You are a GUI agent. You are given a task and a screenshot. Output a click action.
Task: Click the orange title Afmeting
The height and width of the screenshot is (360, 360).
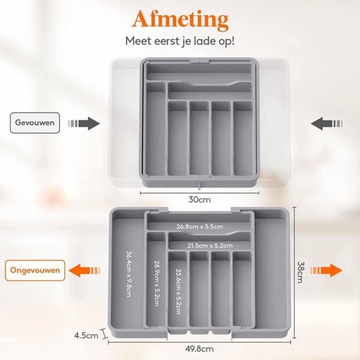(x=181, y=21)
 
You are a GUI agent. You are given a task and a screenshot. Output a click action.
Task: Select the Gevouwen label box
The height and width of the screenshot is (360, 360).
(x=35, y=123)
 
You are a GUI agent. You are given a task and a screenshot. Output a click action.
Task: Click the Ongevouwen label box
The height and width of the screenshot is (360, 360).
(x=35, y=270)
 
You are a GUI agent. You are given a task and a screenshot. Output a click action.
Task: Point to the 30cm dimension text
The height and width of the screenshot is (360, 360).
(x=199, y=200)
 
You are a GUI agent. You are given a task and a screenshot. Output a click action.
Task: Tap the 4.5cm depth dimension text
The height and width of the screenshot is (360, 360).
(x=86, y=336)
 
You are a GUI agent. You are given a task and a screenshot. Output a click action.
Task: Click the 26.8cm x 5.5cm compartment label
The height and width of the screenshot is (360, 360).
(x=200, y=226)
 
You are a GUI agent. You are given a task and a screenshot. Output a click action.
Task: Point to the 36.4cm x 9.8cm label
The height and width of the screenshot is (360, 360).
(x=129, y=274)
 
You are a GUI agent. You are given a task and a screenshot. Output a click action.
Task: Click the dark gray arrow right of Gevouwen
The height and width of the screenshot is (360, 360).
(x=84, y=124)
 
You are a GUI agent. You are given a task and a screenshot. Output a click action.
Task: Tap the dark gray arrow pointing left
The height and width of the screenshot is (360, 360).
(x=327, y=124)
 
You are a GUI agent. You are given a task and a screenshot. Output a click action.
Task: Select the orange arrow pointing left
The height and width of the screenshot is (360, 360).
(x=84, y=270)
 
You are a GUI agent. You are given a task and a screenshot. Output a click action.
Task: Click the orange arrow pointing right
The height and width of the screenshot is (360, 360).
(x=326, y=270)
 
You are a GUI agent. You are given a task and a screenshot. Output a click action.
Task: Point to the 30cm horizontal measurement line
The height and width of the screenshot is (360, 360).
(x=199, y=193)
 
